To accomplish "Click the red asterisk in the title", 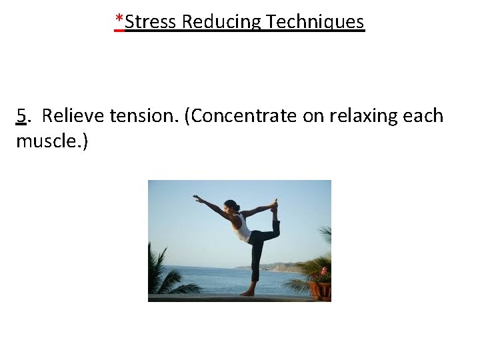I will (119, 21).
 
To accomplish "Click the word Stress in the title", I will (151, 22).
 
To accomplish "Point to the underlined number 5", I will (22, 116).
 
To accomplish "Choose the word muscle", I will (46, 141).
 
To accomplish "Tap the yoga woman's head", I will (231, 206).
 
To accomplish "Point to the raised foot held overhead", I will (273, 205).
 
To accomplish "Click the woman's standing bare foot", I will (248, 292).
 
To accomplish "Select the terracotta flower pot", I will (319, 291).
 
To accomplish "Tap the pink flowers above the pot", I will (323, 273).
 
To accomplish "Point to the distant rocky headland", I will (283, 267).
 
